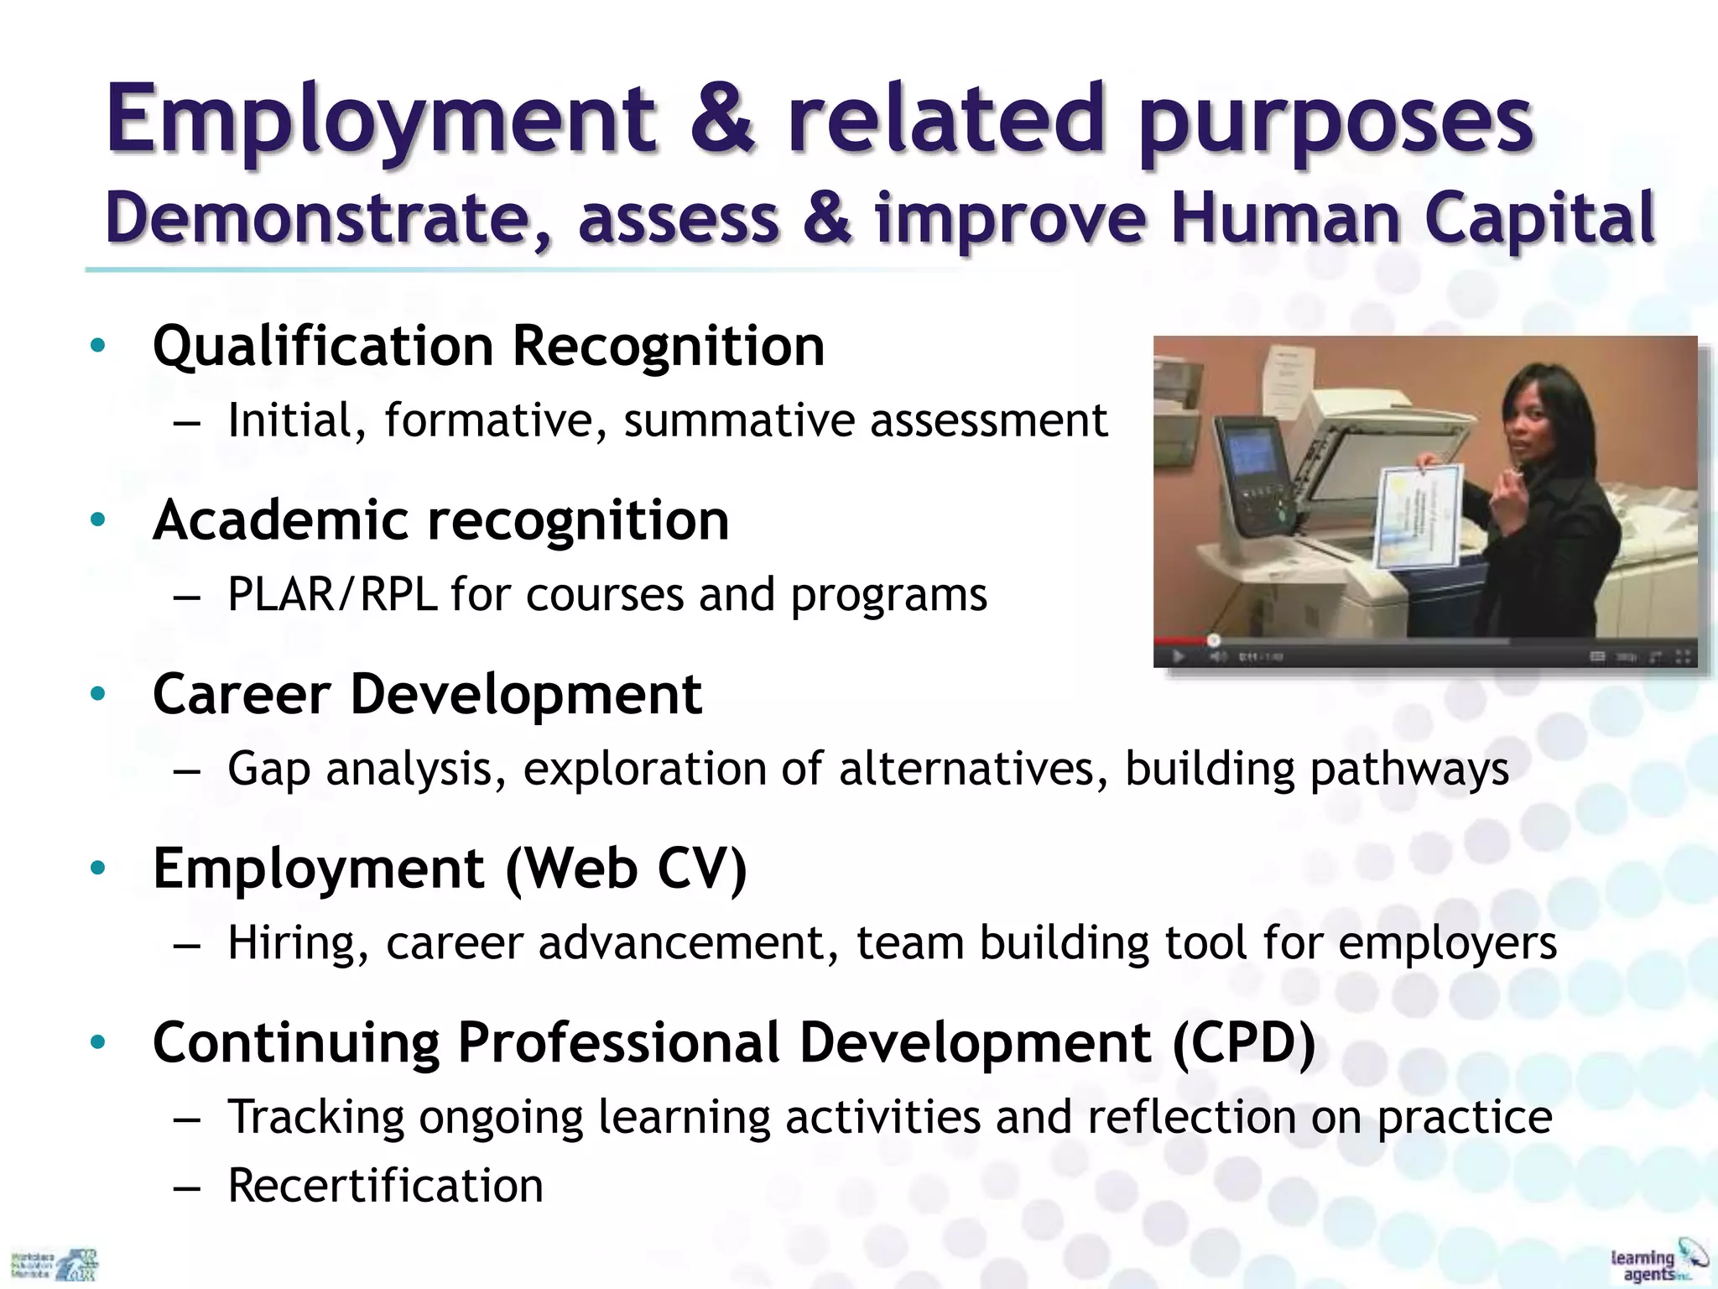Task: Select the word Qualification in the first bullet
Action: click(x=323, y=346)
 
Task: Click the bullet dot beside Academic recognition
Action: click(x=98, y=520)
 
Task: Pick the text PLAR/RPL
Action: click(x=332, y=595)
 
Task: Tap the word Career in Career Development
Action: click(x=242, y=695)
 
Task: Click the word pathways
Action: click(x=1409, y=769)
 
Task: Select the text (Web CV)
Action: click(x=626, y=869)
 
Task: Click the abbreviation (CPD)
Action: click(x=1243, y=1043)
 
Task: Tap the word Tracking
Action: click(x=316, y=1118)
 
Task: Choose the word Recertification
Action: click(x=386, y=1186)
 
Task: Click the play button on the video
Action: click(x=1178, y=655)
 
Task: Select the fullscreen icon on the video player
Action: click(x=1682, y=656)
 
